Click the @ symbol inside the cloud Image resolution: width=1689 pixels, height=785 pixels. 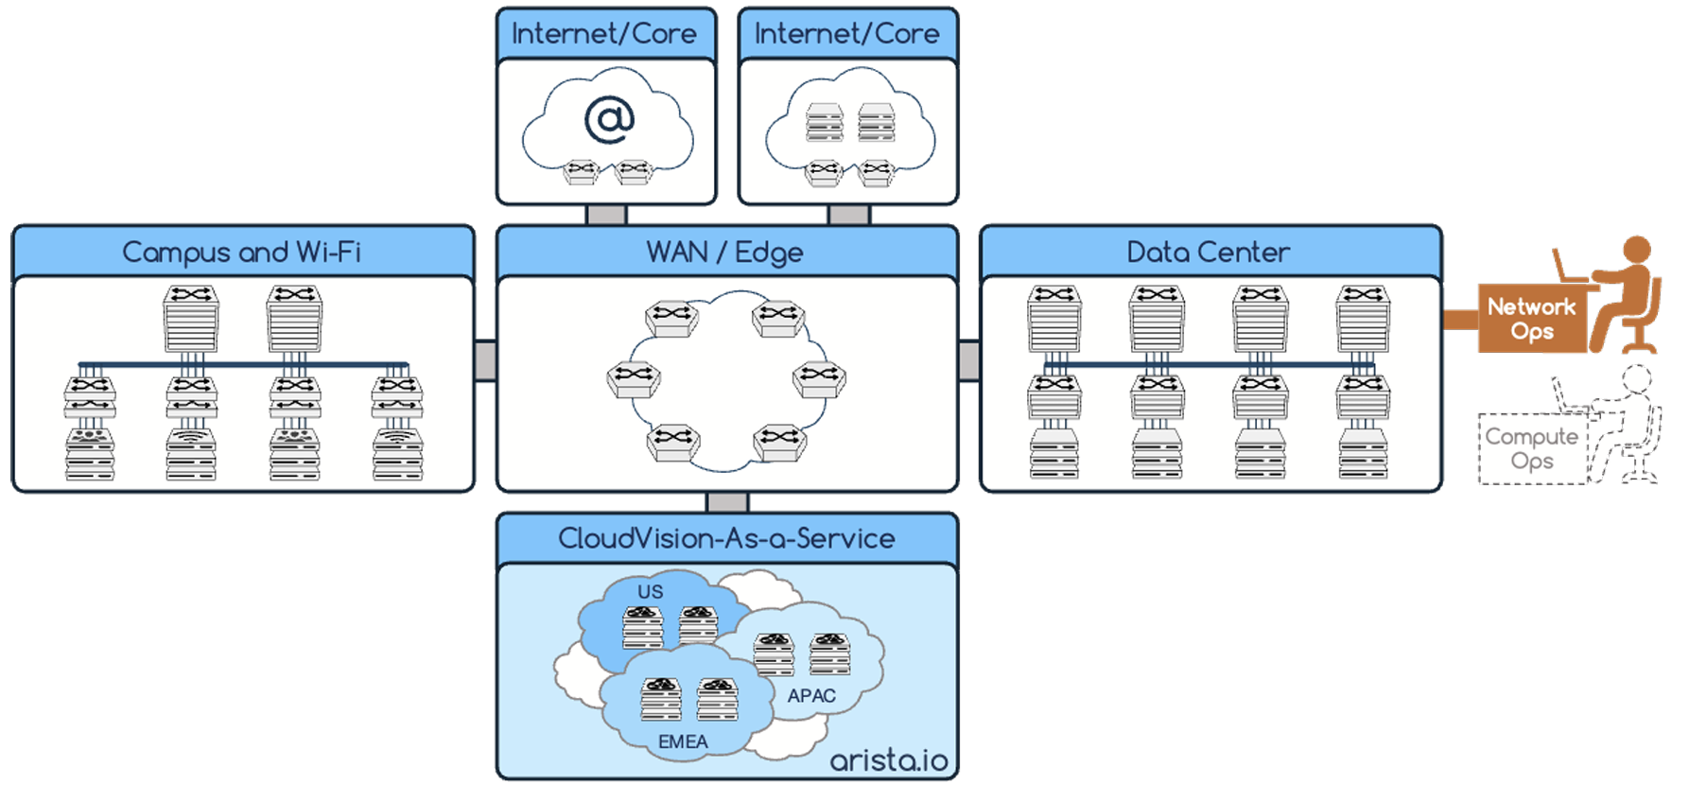pyautogui.click(x=609, y=120)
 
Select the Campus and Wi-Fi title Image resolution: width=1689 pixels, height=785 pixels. pyautogui.click(x=242, y=253)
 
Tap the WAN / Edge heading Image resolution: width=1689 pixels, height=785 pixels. pyautogui.click(x=725, y=253)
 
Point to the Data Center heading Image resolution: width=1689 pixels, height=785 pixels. pyautogui.click(x=1209, y=253)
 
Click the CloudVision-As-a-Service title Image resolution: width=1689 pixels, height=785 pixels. pyautogui.click(x=726, y=538)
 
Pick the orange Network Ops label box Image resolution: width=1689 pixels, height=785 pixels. pyautogui.click(x=1531, y=319)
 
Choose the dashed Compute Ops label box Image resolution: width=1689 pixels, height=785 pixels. pyautogui.click(x=1531, y=449)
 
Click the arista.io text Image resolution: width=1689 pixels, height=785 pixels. pyautogui.click(x=888, y=759)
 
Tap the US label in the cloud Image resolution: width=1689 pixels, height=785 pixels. pyautogui.click(x=651, y=592)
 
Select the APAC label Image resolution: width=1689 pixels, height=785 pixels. pyautogui.click(x=811, y=696)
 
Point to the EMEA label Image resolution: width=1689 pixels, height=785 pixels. pyautogui.click(x=683, y=742)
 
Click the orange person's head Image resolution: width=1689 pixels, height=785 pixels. pyautogui.click(x=1637, y=250)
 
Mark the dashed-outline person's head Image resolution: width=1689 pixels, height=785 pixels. pyautogui.click(x=1637, y=378)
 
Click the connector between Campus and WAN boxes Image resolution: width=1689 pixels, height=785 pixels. pyautogui.click(x=485, y=360)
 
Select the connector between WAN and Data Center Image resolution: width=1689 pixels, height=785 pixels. pyautogui.click(x=969, y=360)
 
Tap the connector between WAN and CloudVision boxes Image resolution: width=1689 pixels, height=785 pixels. pyautogui.click(x=727, y=502)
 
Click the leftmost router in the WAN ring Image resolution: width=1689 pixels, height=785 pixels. pyautogui.click(x=634, y=378)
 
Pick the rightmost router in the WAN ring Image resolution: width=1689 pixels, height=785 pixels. pyautogui.click(x=819, y=378)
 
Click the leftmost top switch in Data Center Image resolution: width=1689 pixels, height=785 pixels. pyautogui.click(x=1054, y=319)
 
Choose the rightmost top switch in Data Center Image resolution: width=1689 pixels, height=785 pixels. pyautogui.click(x=1363, y=319)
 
